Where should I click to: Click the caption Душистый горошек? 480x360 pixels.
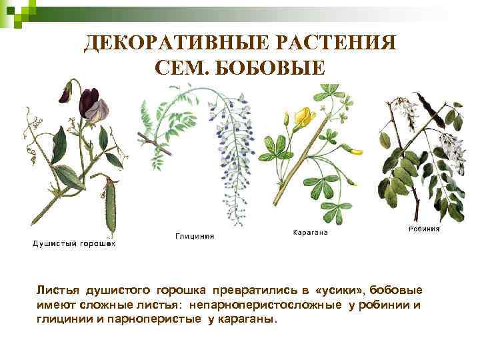point(74,244)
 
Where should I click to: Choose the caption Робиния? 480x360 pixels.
point(423,228)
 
